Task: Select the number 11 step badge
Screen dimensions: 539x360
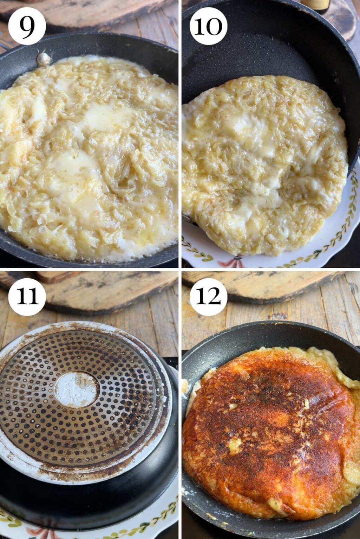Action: click(27, 297)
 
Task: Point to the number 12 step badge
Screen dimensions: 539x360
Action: click(208, 297)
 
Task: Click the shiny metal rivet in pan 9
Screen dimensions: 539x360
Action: click(44, 59)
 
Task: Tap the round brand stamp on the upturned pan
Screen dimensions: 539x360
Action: click(77, 390)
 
